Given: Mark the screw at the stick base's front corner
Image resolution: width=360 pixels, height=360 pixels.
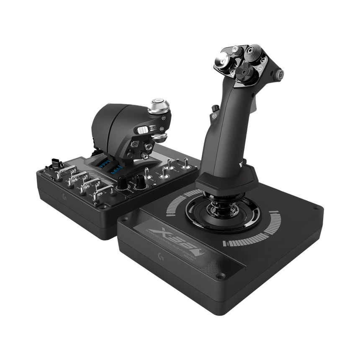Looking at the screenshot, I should coord(221,275).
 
